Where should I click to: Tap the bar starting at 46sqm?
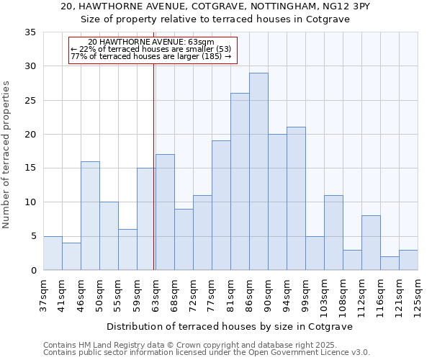tap(90, 216)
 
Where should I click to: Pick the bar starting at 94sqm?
tap(296, 199)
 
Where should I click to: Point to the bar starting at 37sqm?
tap(53, 253)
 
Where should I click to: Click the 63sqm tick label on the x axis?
tap(156, 293)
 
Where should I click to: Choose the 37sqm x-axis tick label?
tap(43, 293)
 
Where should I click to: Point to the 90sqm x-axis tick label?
tap(268, 293)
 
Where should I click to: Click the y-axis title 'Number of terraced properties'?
tap(7, 155)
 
